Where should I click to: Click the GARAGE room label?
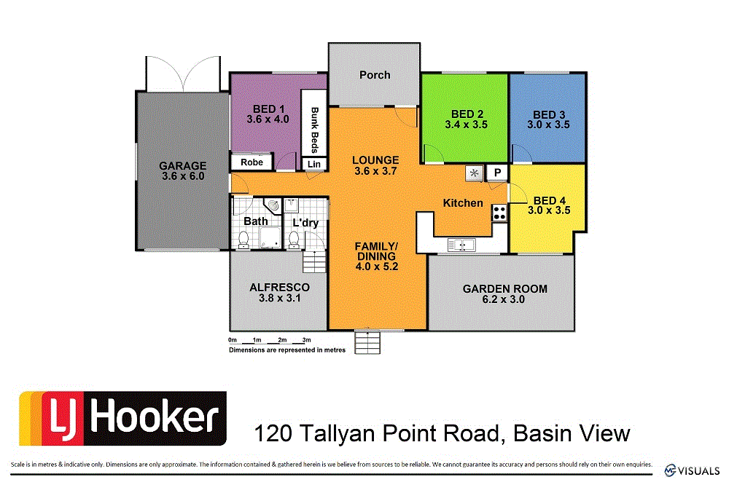coord(184,165)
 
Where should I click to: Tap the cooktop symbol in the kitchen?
coord(500,213)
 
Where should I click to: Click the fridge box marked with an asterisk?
coord(475,173)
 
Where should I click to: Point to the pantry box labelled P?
coord(498,173)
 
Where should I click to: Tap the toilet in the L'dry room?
coord(294,239)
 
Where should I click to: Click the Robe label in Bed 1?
coord(252,162)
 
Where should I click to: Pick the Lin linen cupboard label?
coord(314,165)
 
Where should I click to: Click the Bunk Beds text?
coord(315,130)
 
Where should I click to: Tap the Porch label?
coord(375,75)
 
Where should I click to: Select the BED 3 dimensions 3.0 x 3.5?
coord(549,125)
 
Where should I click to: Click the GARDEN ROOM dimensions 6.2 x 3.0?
coord(505,299)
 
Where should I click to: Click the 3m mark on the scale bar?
coord(306,340)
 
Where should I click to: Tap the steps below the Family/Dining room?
coord(367,342)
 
